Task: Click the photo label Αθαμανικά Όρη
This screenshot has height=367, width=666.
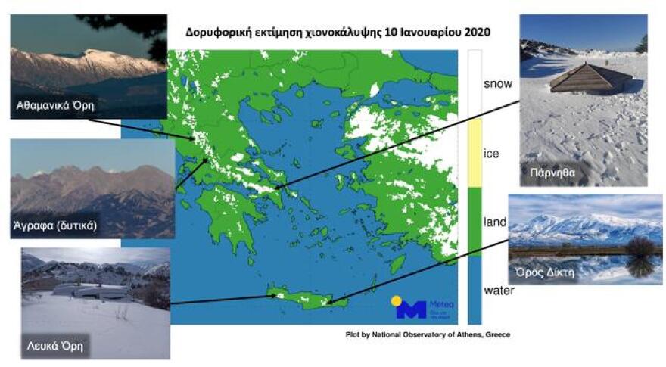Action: tap(56, 104)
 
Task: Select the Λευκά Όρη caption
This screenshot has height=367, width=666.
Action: tap(51, 347)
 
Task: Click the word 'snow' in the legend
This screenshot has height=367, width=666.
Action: tap(497, 83)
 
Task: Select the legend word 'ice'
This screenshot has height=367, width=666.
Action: tap(490, 154)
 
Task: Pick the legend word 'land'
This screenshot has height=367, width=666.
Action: tap(494, 222)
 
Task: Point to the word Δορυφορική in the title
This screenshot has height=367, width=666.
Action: tap(219, 33)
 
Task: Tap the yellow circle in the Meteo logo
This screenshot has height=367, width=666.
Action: tap(396, 300)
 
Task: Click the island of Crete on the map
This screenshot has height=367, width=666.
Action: tap(307, 297)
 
